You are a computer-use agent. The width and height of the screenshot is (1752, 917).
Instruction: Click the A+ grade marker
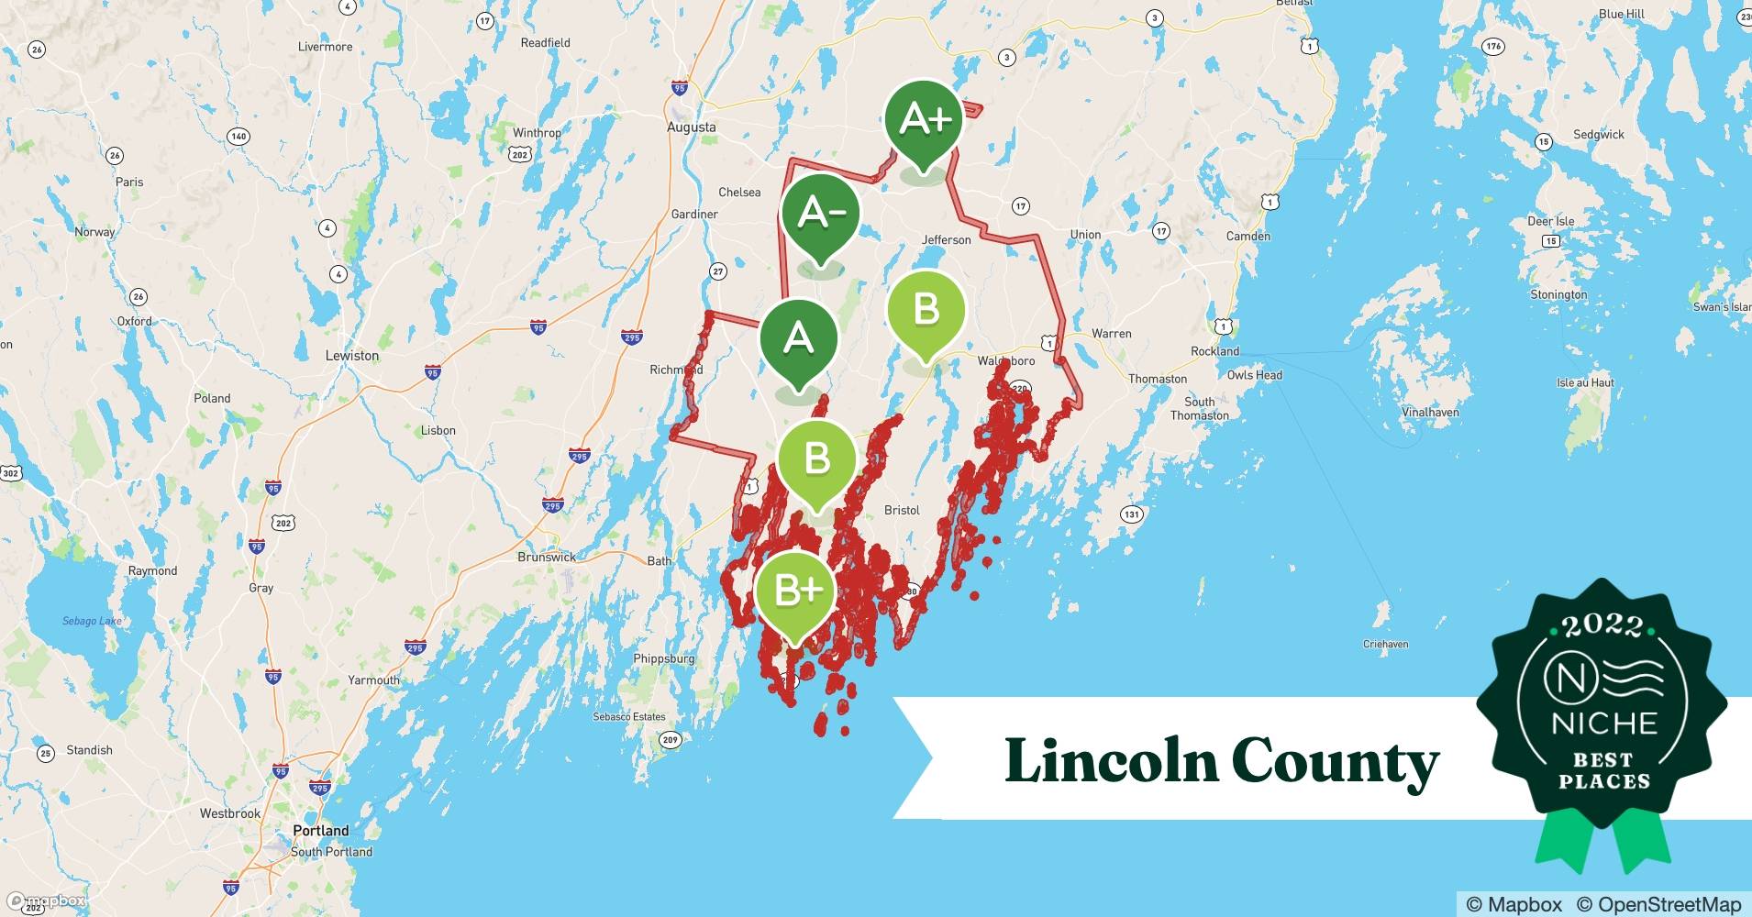pos(924,119)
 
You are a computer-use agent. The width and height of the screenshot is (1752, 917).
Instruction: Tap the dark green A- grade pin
pos(820,214)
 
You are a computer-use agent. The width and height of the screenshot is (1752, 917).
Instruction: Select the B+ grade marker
pos(795,591)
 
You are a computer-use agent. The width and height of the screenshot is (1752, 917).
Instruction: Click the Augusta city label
pos(692,127)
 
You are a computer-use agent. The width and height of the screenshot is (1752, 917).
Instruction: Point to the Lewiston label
pos(352,356)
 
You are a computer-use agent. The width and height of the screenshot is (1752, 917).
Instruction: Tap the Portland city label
pos(321,831)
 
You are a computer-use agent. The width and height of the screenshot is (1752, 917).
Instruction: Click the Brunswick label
pos(547,558)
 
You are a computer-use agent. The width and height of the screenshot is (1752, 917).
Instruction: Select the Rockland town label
pos(1214,351)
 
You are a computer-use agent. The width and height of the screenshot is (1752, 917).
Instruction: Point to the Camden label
pos(1248,236)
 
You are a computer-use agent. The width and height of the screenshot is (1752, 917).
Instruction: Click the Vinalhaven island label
pos(1430,413)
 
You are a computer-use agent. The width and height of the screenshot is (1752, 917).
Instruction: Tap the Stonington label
pos(1558,294)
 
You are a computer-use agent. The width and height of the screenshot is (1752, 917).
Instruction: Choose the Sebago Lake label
pos(92,621)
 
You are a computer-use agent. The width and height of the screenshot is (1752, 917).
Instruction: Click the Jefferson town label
pos(946,240)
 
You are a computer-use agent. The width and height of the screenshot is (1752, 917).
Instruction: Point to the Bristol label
pos(902,510)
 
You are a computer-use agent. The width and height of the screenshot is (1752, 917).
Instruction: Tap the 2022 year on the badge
pos(1602,626)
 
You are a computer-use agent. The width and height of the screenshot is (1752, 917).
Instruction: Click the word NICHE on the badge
pos(1604,724)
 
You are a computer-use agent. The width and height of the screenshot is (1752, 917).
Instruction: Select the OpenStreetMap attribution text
pos(1658,904)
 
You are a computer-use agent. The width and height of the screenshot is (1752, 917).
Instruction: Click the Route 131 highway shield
pos(1132,514)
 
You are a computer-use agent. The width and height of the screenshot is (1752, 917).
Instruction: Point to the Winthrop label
pos(537,133)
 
